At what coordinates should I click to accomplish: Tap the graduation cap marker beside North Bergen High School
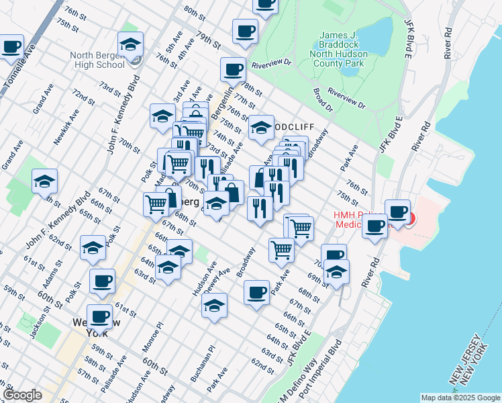pos(130,44)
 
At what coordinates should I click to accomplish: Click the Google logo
pos(22,395)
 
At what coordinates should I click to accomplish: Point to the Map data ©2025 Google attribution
pos(460,398)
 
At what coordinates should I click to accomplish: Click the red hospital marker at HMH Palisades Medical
pos(409,218)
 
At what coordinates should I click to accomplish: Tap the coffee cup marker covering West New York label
pos(99,316)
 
